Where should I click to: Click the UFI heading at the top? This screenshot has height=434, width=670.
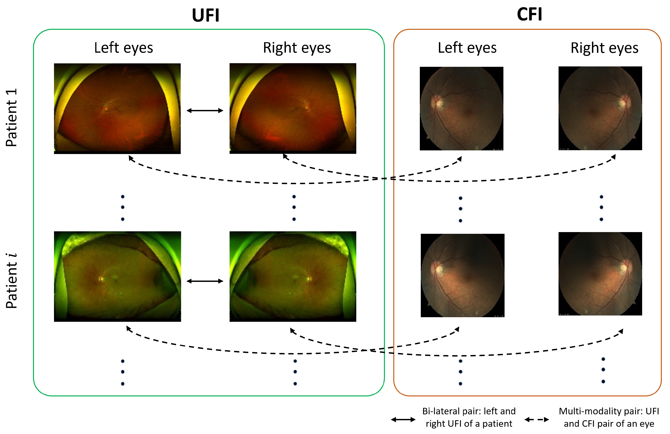(x=206, y=15)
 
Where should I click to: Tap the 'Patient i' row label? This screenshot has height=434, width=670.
(x=11, y=281)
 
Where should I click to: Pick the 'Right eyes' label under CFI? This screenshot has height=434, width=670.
(x=604, y=48)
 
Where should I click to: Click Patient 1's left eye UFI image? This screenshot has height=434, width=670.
(x=117, y=108)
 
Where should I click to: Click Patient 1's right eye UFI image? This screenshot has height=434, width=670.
(x=293, y=108)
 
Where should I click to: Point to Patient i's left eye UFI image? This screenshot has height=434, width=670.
(x=117, y=276)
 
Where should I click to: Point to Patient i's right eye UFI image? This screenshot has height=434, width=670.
(x=293, y=276)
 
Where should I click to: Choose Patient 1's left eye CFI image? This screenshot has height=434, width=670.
(x=461, y=108)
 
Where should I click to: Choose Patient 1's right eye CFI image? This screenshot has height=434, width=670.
(x=600, y=108)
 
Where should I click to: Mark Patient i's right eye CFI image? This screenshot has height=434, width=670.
(x=600, y=273)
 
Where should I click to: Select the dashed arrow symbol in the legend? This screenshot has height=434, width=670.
(x=537, y=420)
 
